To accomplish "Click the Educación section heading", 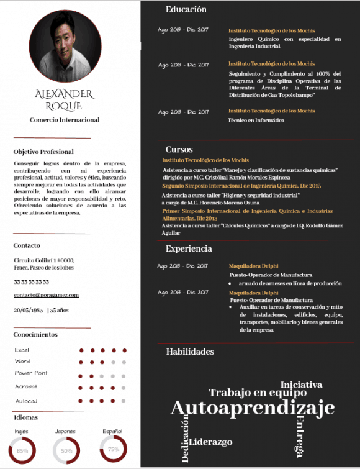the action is click(186, 10).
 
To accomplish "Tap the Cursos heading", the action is click(179, 150).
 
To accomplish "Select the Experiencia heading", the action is click(189, 248).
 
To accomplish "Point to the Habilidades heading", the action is click(190, 352).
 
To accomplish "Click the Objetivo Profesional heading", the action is click(43, 152).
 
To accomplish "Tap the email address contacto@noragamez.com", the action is click(47, 295).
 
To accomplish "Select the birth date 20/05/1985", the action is click(27, 309).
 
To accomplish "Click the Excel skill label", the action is click(22, 350).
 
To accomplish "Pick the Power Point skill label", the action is click(31, 373).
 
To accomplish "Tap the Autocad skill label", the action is click(26, 401).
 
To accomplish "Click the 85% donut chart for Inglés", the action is click(22, 450).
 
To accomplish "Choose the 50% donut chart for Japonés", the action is click(66, 450).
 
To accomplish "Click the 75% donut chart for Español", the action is click(113, 449).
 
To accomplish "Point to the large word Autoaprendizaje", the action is click(252, 408).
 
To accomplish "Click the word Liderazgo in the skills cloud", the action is click(211, 442).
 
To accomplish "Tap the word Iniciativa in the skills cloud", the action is click(301, 385).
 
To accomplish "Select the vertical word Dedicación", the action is click(185, 440).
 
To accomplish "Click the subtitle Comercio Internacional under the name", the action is click(65, 120).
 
